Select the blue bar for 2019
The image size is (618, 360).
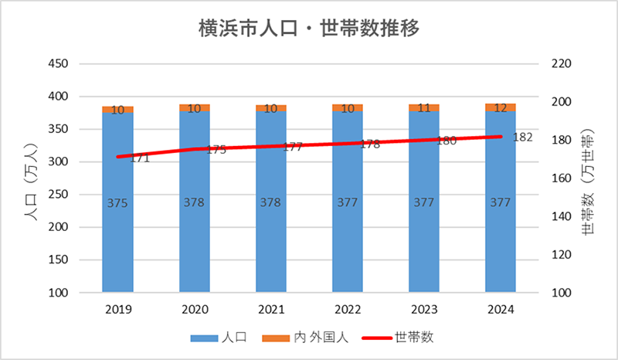[x=117, y=232]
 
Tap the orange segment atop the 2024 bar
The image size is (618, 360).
[x=501, y=107]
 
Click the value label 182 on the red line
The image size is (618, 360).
[x=522, y=137]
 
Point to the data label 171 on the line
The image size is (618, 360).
[x=140, y=158]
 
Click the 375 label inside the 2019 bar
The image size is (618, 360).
[x=117, y=203]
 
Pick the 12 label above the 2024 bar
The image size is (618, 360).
[x=501, y=108]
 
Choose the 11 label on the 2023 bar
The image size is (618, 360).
[x=424, y=108]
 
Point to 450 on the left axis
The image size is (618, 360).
[x=58, y=64]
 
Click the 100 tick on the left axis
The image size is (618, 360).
[x=58, y=294]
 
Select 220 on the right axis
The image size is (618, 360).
[x=560, y=64]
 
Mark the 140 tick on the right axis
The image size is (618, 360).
[x=560, y=217]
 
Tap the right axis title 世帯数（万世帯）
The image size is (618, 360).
[x=589, y=179]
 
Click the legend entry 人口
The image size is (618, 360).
[x=233, y=338]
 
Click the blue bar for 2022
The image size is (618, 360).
[x=348, y=232]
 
